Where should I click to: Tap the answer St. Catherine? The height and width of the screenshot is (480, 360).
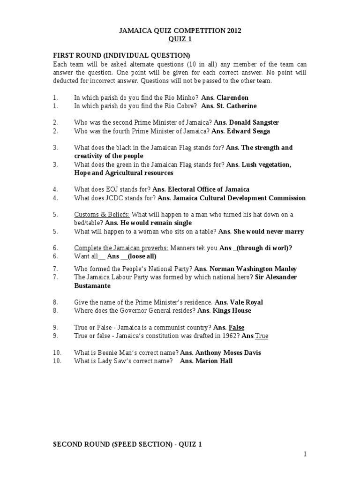click(x=236, y=106)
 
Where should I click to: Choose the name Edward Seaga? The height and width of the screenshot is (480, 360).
click(x=249, y=131)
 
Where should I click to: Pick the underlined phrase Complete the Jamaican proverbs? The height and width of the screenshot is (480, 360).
click(x=121, y=247)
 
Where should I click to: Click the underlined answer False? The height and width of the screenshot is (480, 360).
click(x=236, y=327)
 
